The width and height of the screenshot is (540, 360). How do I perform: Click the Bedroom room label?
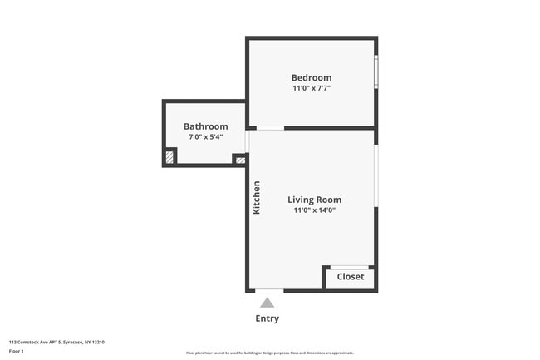[x=311, y=77]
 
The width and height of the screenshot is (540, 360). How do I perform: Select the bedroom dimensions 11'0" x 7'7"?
[x=311, y=88]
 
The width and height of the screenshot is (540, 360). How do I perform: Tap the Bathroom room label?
[x=205, y=126]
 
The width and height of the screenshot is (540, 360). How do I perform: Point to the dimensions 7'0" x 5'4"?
[x=205, y=137]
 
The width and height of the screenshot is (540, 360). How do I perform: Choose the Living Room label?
[x=314, y=200]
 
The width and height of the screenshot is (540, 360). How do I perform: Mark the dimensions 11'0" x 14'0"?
[x=314, y=210]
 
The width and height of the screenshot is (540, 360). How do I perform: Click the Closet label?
[x=350, y=277]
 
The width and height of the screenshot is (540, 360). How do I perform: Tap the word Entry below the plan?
[x=268, y=318]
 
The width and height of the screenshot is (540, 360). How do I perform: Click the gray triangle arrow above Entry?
[x=267, y=303]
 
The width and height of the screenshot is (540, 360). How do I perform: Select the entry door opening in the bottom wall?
[x=268, y=290]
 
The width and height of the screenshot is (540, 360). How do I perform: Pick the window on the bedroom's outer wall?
[x=376, y=72]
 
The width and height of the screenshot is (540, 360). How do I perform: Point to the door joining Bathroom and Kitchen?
[x=247, y=140]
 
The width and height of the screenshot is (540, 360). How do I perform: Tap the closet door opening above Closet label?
[x=350, y=267]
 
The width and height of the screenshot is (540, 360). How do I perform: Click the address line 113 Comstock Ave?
[x=56, y=342]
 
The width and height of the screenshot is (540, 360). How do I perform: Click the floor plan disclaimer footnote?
[x=270, y=353]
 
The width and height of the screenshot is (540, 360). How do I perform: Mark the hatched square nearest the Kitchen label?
[x=240, y=159]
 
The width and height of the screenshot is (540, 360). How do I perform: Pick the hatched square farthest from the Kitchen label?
[x=170, y=155]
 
